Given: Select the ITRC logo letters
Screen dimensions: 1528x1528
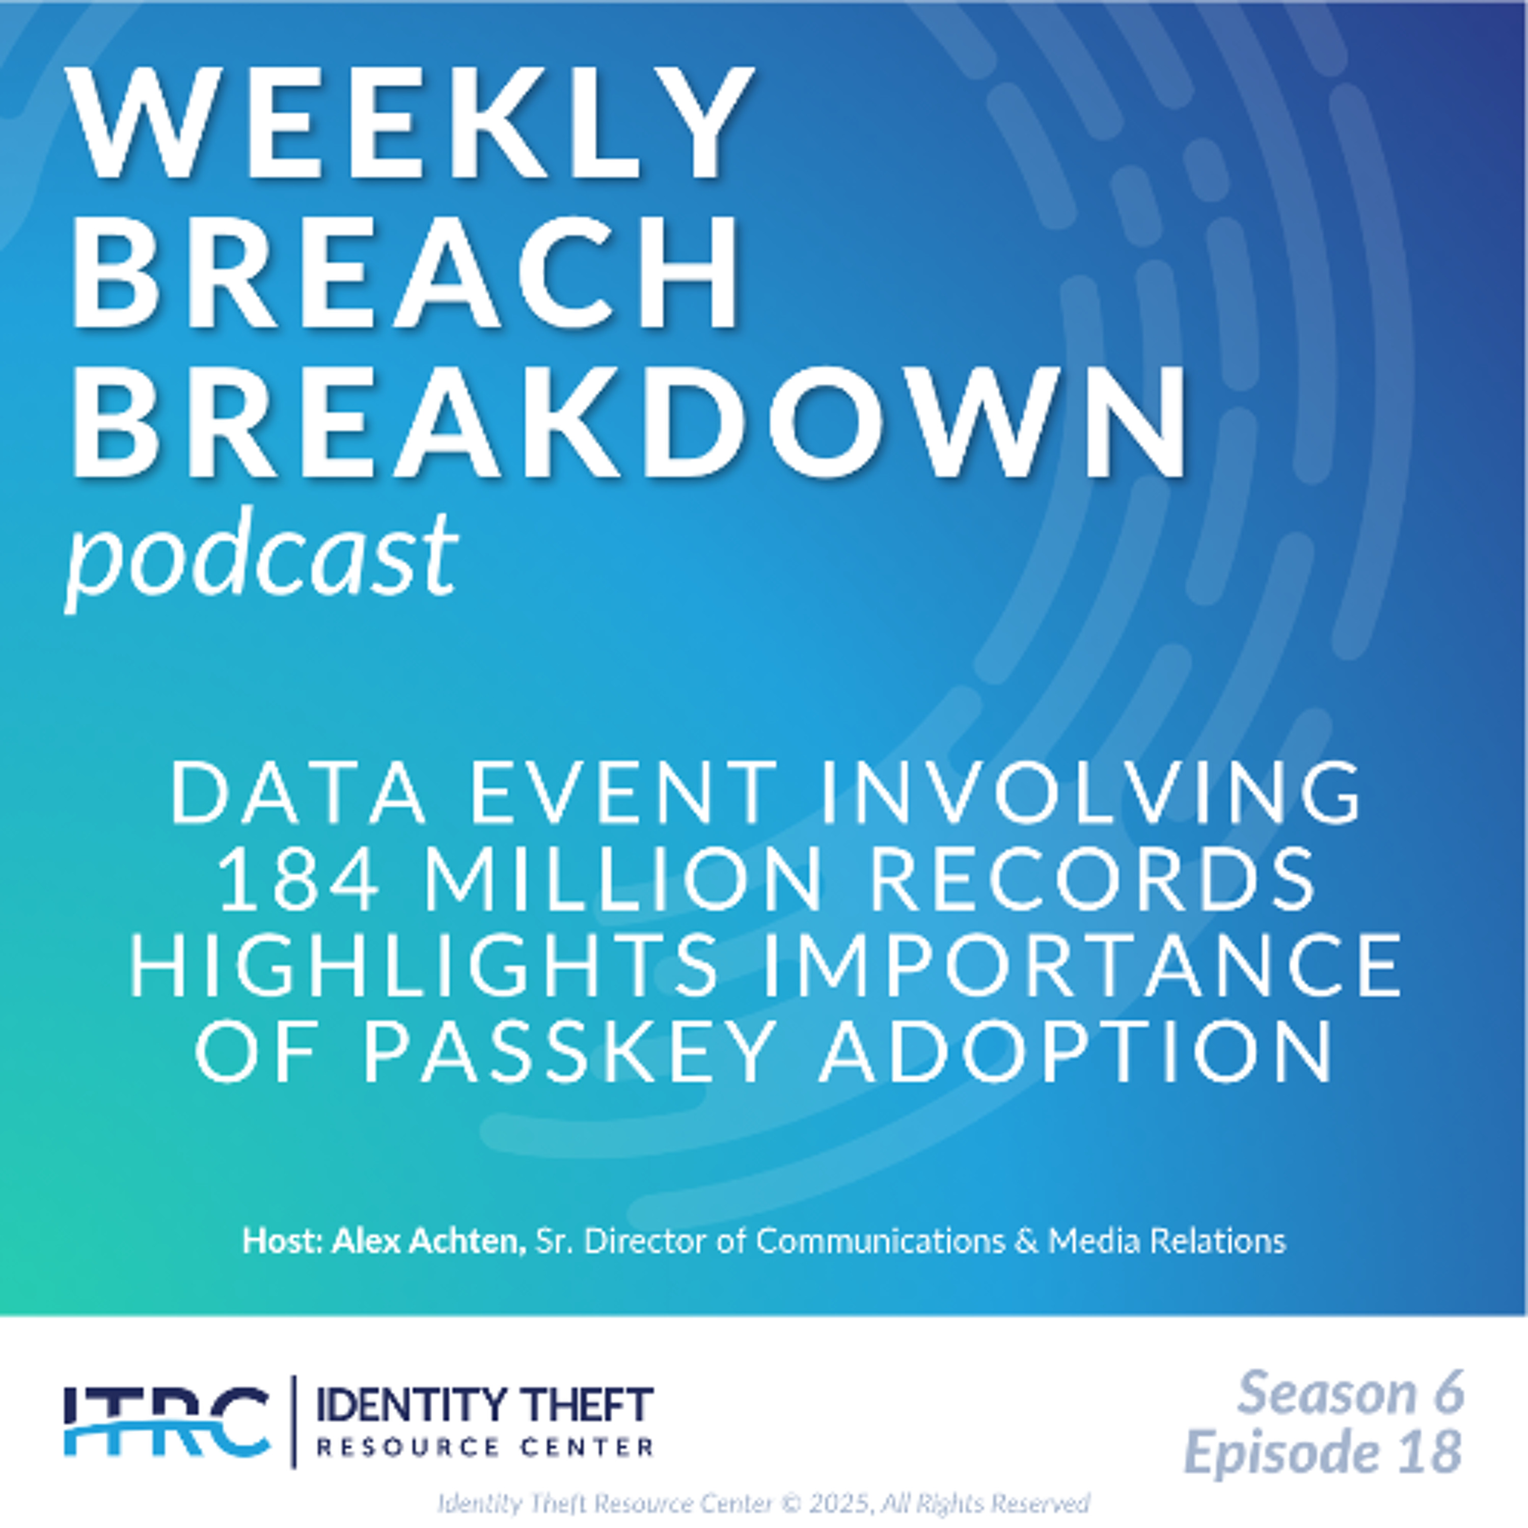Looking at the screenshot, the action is click(x=166, y=1421).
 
